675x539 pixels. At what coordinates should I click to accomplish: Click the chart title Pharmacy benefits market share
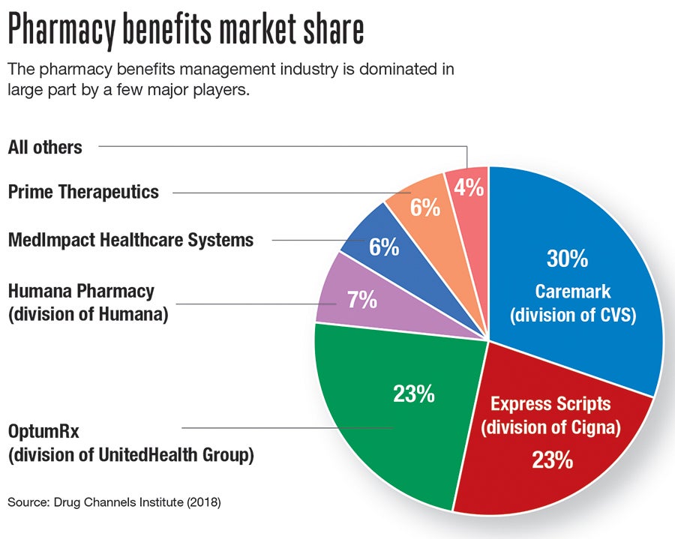(x=186, y=31)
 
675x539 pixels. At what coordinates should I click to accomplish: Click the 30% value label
(x=567, y=259)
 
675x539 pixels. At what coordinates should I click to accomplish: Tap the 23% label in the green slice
(x=413, y=394)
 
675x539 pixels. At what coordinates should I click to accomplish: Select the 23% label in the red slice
(x=552, y=459)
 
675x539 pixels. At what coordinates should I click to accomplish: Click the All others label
(x=45, y=147)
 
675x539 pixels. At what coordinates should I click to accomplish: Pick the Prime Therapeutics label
(x=83, y=192)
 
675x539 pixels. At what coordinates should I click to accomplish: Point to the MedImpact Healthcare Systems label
(x=130, y=241)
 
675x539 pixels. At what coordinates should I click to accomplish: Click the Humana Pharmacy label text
(x=81, y=291)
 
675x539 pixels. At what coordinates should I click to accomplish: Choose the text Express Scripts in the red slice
(x=550, y=404)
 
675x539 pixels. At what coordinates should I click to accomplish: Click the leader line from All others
(x=277, y=147)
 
